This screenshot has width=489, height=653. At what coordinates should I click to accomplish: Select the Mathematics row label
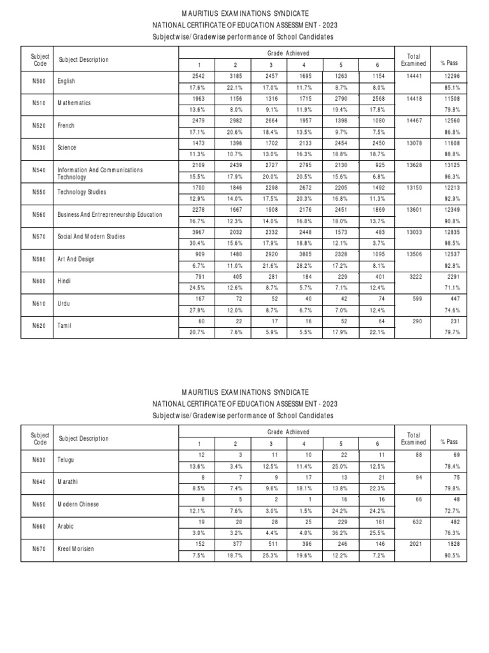pyautogui.click(x=74, y=103)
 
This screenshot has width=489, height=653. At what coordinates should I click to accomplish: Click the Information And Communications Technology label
pyautogui.click(x=101, y=174)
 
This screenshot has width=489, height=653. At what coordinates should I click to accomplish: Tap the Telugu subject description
pyautogui.click(x=67, y=459)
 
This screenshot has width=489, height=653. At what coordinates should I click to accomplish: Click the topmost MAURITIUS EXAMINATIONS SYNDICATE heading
pyautogui.click(x=244, y=13)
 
